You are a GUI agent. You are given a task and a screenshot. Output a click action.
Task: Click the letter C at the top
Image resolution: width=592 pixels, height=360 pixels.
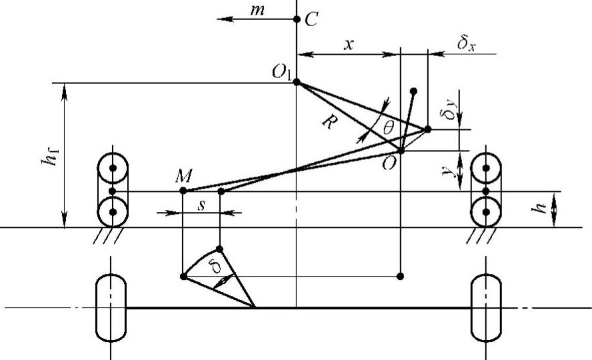311,20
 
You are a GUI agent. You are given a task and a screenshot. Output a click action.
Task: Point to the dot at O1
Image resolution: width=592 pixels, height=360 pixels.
297,83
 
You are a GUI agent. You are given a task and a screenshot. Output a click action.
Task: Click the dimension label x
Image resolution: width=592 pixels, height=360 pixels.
348,44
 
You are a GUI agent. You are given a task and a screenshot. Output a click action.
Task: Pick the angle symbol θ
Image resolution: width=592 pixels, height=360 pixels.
387,127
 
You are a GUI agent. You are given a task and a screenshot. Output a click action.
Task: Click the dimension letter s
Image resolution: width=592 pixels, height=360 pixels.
201,205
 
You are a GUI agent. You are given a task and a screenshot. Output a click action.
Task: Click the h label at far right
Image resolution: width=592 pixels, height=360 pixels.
542,208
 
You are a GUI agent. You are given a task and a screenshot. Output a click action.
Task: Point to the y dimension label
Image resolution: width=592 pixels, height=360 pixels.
452,171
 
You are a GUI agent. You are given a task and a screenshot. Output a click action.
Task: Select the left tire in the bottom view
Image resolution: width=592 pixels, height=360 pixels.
111,308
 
